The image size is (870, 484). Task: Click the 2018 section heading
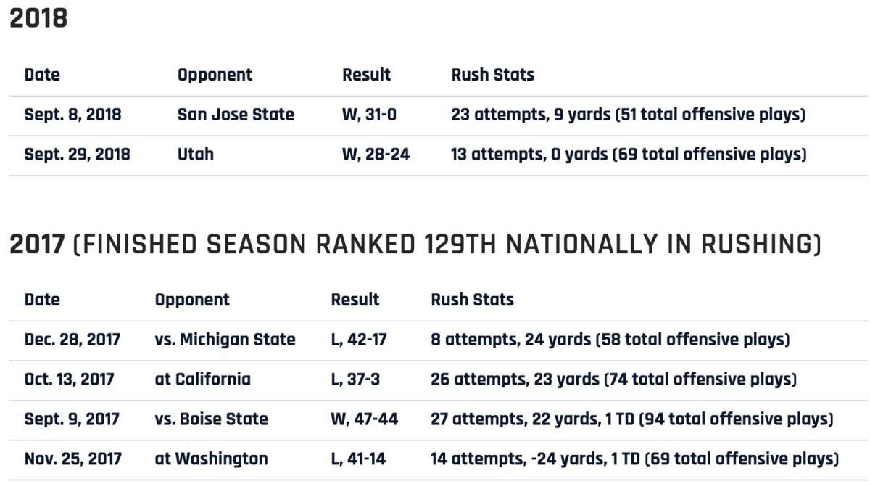pos(38,19)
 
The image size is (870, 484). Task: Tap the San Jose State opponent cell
pos(236,115)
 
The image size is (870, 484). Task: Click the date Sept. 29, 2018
pos(77,155)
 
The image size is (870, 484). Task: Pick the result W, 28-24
pos(376,155)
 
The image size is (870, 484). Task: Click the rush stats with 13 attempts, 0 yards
pos(628,155)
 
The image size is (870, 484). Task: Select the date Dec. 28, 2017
pos(72,340)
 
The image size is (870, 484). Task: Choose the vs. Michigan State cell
pos(225,340)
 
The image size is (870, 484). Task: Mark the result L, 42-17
pos(359,340)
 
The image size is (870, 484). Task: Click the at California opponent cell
pos(202,380)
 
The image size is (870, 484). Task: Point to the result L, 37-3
pos(355,380)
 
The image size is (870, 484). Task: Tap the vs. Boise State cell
pos(211,419)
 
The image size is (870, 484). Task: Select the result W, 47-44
pos(365,419)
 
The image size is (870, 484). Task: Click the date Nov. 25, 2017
pos(72,459)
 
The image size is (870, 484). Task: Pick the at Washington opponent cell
pos(211,459)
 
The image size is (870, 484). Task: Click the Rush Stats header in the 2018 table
pos(492,75)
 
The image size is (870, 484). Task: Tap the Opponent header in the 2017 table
pos(192,300)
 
